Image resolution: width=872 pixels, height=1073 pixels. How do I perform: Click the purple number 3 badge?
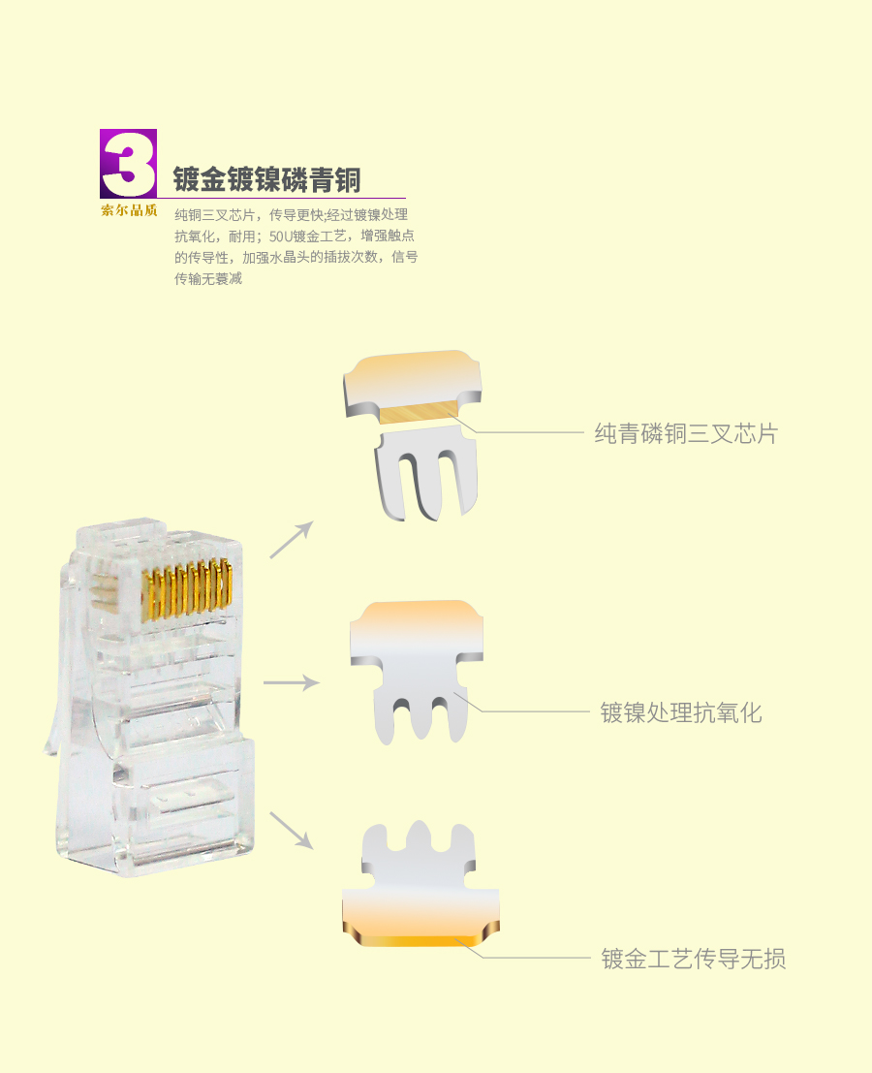[x=129, y=164]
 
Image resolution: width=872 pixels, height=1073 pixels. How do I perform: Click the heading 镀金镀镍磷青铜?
[x=266, y=179]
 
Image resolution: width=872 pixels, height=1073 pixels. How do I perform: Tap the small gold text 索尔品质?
[x=129, y=210]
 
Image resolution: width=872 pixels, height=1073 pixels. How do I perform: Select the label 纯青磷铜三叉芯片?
[x=686, y=434]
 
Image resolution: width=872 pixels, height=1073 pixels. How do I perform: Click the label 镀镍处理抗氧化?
[x=681, y=712]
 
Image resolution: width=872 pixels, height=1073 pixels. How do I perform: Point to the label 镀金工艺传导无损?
[x=694, y=959]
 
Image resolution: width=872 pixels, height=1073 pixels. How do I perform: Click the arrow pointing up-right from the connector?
[x=292, y=539]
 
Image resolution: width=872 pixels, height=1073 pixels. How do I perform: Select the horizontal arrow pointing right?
[x=292, y=682]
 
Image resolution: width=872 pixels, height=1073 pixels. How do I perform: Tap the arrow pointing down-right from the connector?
[x=292, y=831]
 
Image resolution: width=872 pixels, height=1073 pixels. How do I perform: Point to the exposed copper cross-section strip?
[x=415, y=413]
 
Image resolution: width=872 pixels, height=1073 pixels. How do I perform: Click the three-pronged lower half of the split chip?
[x=425, y=472]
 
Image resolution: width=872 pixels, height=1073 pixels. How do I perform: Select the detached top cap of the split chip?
[x=412, y=383]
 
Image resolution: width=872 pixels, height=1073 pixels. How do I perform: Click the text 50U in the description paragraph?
[x=280, y=237]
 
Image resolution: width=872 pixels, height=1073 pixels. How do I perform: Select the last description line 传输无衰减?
[x=208, y=278]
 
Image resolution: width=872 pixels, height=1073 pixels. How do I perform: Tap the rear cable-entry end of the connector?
[x=156, y=807]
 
